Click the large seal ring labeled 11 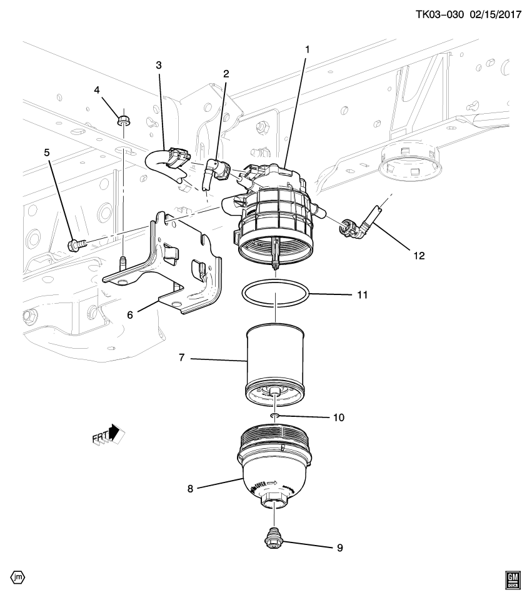click(x=275, y=294)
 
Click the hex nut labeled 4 click(x=124, y=117)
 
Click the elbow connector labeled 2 click(x=214, y=169)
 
